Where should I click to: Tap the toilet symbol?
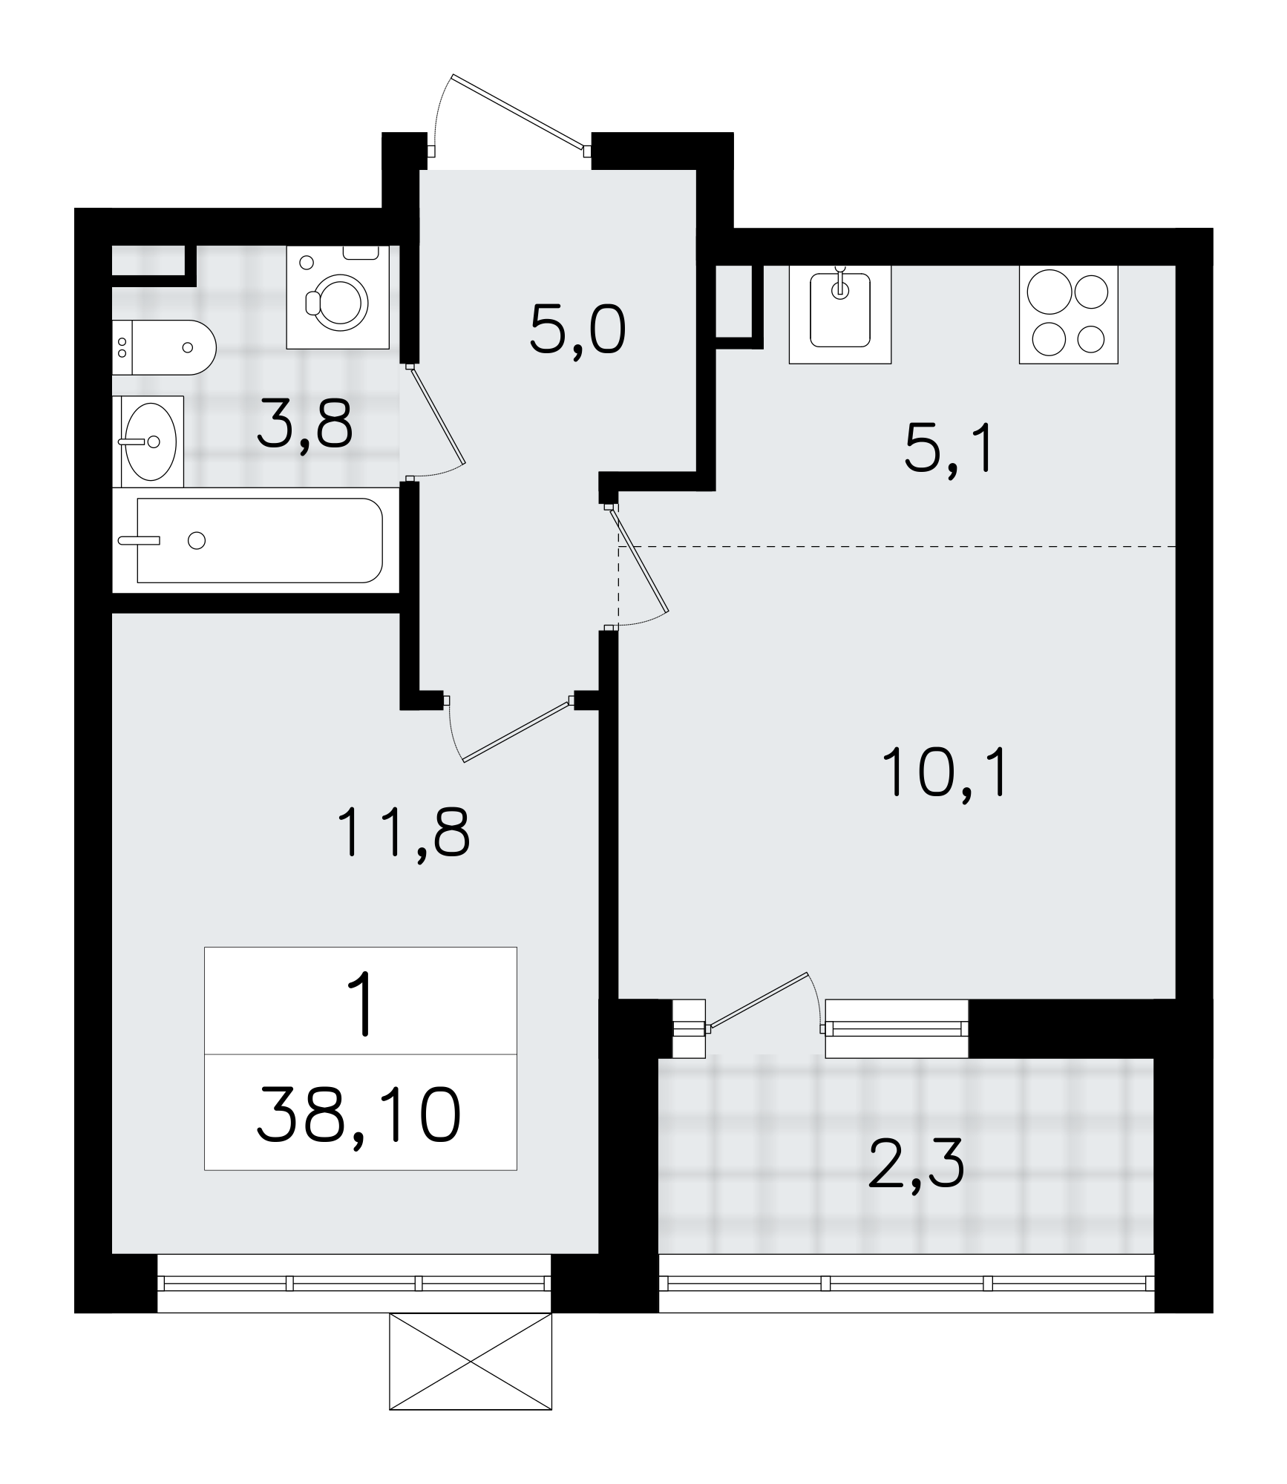(164, 347)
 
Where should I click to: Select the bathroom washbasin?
(148, 441)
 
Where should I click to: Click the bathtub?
(259, 540)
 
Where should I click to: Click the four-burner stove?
(1068, 315)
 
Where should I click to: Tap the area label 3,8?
(304, 424)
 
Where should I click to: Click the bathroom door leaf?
(436, 415)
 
